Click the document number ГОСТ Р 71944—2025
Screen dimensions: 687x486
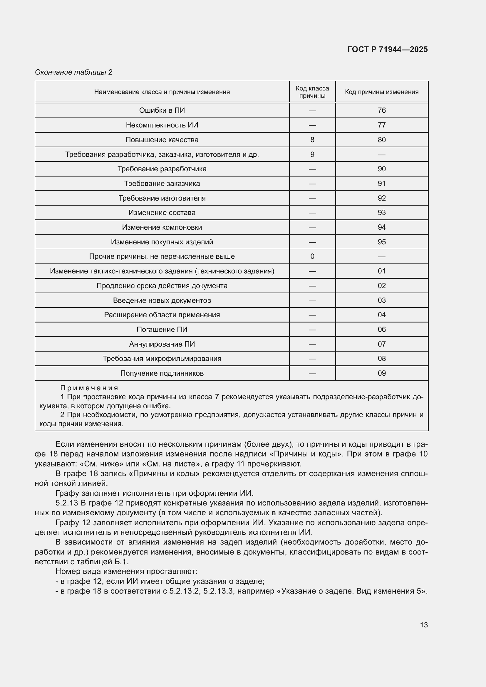coord(388,49)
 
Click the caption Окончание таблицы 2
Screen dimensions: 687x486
coord(74,72)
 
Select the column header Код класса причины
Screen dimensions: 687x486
coord(312,92)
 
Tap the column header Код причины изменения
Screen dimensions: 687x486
coord(382,92)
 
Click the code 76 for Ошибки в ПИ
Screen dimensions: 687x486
coord(382,110)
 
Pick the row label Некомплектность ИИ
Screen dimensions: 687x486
coord(162,125)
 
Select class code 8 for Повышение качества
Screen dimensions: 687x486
coord(312,140)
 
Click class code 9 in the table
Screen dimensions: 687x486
coord(312,154)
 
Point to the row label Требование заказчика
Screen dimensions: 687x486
coord(162,183)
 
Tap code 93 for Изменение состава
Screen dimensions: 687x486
coord(382,213)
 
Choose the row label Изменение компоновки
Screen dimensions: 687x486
coord(162,227)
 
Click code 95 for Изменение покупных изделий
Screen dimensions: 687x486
coord(382,242)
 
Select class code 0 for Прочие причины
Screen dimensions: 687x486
coord(312,256)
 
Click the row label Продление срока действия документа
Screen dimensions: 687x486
coord(162,286)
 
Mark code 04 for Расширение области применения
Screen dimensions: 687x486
coord(382,315)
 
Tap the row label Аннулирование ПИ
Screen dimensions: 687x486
coord(162,344)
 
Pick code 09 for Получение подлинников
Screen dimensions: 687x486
coord(382,373)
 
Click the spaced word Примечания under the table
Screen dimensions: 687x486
coord(89,388)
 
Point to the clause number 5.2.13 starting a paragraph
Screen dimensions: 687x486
coord(66,503)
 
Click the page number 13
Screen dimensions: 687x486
coord(424,625)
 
